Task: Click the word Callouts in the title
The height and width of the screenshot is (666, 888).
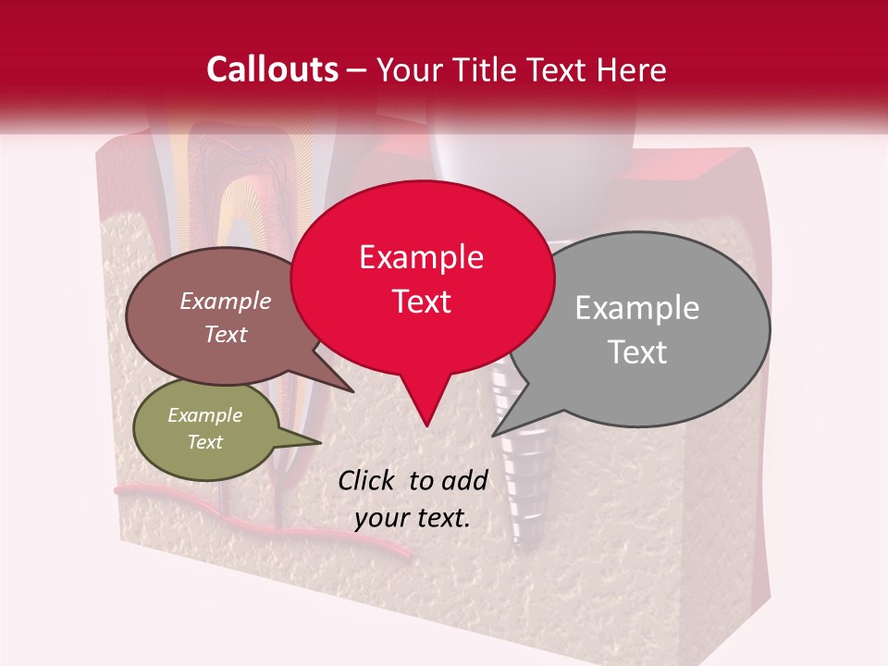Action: [x=272, y=69]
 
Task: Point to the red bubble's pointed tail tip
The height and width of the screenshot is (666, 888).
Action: [x=426, y=425]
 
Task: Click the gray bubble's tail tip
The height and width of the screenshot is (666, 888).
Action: [x=493, y=435]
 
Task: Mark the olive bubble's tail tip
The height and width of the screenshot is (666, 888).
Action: [x=321, y=441]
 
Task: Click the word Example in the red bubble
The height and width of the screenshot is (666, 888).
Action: [x=421, y=257]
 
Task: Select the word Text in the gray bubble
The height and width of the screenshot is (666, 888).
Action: [x=636, y=352]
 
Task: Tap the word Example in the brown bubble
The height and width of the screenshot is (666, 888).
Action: [x=225, y=301]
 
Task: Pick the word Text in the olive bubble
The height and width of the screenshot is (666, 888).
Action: [x=204, y=442]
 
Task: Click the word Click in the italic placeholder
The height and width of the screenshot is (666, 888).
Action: [x=368, y=480]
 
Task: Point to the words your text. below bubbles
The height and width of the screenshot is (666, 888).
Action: [x=412, y=518]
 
